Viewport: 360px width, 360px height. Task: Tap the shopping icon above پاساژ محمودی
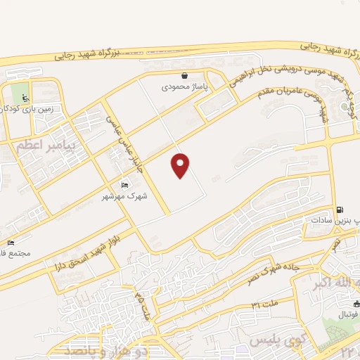tap(184, 75)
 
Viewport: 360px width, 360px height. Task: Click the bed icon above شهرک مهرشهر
tap(125, 185)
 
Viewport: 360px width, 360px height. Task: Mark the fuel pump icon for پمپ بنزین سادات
tap(341, 209)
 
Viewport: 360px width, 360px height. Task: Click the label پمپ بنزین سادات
tap(335, 220)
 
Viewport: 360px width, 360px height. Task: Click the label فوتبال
tap(345, 315)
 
